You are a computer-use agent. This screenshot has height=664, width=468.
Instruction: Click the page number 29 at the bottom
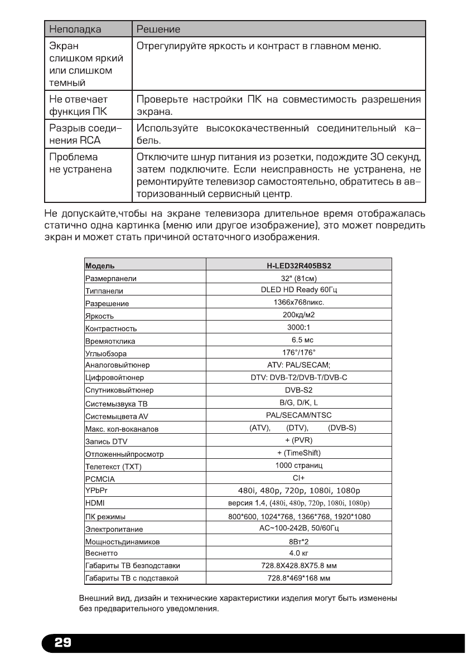[x=62, y=643]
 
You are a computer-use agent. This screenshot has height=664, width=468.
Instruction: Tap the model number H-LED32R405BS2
[x=299, y=266]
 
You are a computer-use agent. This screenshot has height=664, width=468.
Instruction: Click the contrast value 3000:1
[x=299, y=327]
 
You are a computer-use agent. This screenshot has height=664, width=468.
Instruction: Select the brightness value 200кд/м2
[x=299, y=315]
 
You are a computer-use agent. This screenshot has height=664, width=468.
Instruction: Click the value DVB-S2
[x=299, y=390]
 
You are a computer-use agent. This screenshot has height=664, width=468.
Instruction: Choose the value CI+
[x=299, y=478]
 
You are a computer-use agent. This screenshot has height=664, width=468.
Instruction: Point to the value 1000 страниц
[x=299, y=465]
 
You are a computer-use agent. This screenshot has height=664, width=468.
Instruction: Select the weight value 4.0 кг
[x=299, y=553]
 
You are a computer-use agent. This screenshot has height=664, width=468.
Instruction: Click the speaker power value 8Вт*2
[x=299, y=541]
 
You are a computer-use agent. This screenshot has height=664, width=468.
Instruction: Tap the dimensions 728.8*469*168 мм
[x=299, y=578]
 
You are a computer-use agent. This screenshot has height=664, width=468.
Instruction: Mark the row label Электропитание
[x=114, y=529]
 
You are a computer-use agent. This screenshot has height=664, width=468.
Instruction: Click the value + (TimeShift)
[x=299, y=452]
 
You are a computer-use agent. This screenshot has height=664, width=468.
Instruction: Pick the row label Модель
[x=99, y=266]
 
